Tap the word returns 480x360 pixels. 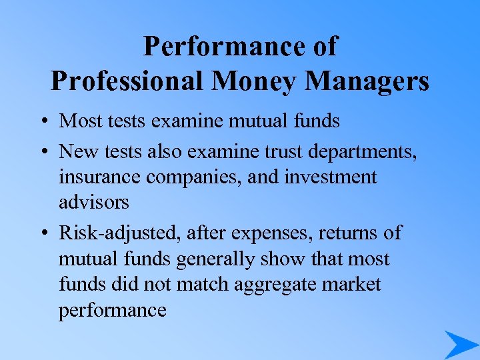pos(339,233)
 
